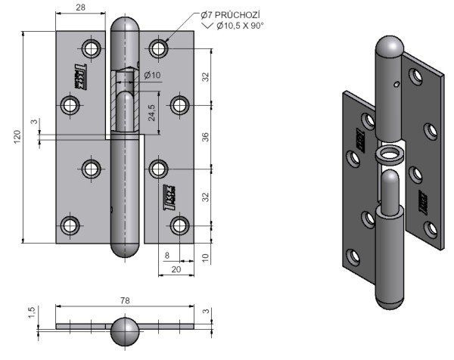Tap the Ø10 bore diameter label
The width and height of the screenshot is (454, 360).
click(x=150, y=74)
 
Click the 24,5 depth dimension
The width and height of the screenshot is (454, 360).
click(x=152, y=113)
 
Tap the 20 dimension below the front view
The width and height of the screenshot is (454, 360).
click(x=175, y=269)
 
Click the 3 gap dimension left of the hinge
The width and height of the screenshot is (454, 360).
click(x=33, y=123)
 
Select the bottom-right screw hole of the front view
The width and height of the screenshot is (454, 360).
click(x=179, y=225)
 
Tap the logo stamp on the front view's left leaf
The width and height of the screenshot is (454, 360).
click(x=78, y=75)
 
